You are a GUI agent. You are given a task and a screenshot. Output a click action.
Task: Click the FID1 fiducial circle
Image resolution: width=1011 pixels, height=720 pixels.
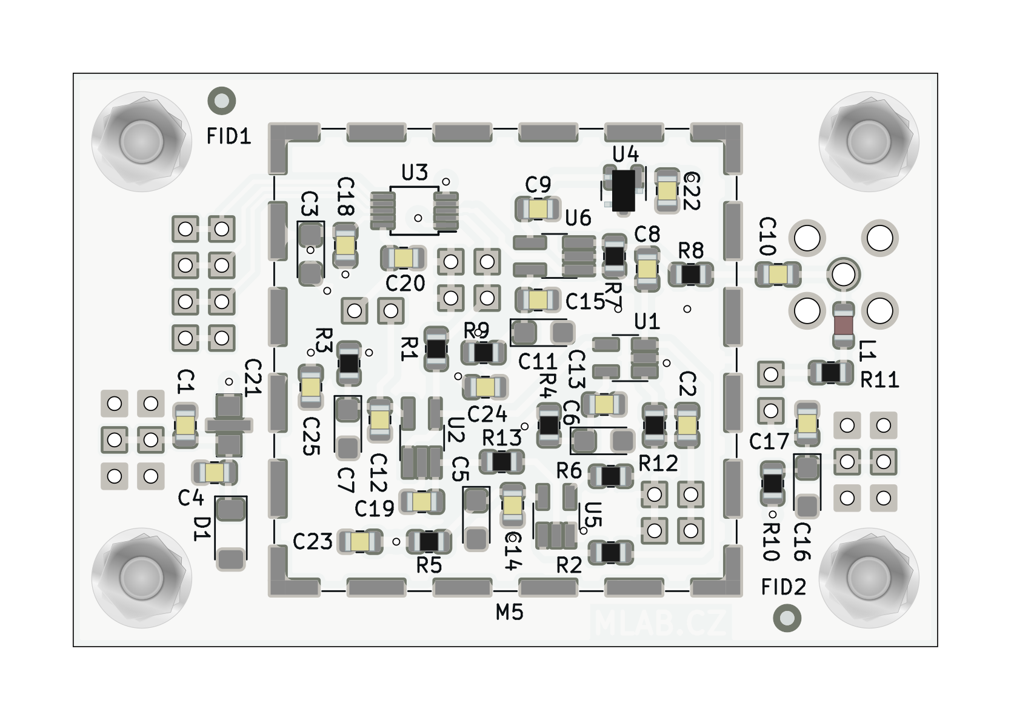[221, 101]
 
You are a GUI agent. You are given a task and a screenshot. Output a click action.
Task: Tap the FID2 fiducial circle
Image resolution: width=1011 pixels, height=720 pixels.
[787, 618]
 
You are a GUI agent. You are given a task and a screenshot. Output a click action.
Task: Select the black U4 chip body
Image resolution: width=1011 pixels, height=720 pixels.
[623, 190]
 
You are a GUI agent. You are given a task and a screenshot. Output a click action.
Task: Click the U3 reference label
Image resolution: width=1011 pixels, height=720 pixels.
[415, 173]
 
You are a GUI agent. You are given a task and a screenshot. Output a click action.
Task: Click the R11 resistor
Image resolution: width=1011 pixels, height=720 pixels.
[830, 373]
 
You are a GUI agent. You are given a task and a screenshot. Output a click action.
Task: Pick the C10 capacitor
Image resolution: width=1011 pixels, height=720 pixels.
[778, 275]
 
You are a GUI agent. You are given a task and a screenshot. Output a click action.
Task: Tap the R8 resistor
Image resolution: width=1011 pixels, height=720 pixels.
[690, 275]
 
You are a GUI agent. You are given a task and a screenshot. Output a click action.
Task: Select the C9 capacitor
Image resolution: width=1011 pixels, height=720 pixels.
[538, 209]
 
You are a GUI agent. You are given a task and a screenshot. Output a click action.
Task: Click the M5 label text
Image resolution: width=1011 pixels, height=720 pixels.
[509, 613]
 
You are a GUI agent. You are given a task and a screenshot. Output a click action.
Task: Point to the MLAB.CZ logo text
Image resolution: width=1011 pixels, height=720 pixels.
[661, 622]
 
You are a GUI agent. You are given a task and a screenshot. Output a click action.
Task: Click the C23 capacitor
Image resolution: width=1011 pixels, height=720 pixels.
[360, 541]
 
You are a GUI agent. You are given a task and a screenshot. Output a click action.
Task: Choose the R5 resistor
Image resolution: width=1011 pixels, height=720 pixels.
[429, 541]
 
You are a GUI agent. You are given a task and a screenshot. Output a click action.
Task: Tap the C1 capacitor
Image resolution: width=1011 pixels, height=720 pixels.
[185, 425]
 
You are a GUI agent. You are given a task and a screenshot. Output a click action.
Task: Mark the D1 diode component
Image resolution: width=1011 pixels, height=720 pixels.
[231, 533]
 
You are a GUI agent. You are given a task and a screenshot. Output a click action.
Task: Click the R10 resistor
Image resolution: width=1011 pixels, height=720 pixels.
[772, 483]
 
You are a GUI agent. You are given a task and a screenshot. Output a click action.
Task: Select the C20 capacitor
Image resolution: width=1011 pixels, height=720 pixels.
[403, 258]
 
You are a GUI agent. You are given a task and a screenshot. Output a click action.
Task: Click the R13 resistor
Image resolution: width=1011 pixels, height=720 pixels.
[502, 462]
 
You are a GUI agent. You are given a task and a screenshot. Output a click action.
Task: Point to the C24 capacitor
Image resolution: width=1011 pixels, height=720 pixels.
[485, 386]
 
